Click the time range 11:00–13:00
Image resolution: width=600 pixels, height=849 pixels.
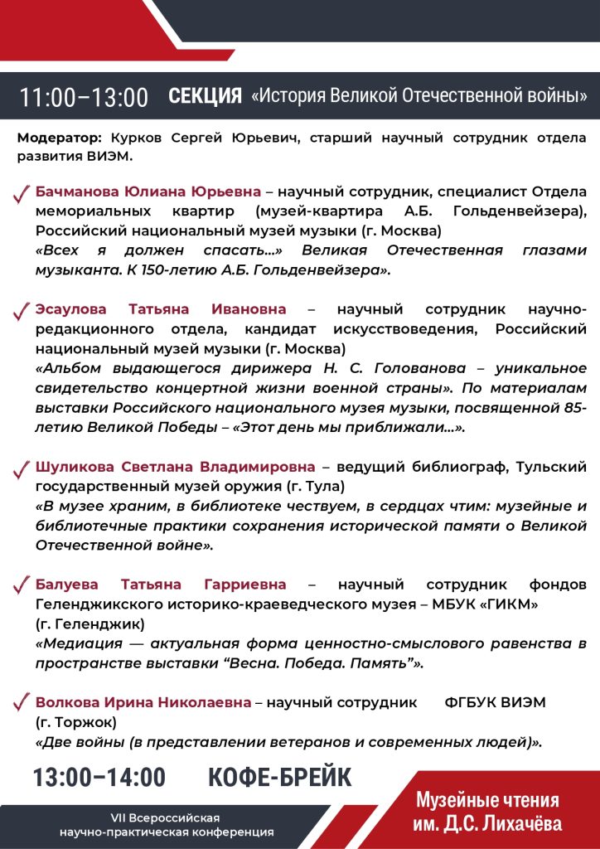(84, 97)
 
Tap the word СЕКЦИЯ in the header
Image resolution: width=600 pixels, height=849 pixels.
(205, 95)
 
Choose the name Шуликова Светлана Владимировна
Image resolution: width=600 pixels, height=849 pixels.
(176, 466)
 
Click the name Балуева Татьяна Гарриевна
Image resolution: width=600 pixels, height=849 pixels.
(161, 585)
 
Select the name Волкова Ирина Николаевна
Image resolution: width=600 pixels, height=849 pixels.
(143, 702)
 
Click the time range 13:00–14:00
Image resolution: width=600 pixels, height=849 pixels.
(99, 778)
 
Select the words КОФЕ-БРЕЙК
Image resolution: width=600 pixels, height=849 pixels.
(279, 778)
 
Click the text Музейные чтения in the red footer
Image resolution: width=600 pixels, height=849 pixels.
(487, 801)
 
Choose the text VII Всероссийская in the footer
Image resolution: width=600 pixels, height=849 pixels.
(167, 817)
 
